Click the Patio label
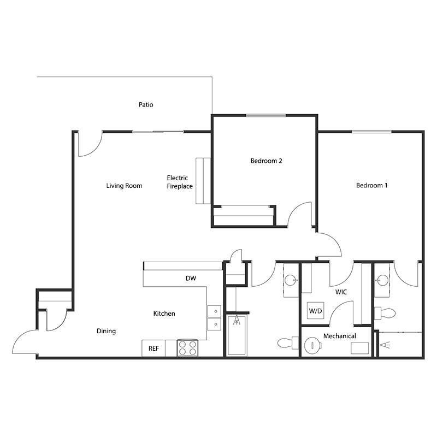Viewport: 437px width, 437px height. [145, 104]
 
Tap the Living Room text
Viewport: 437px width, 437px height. [124, 186]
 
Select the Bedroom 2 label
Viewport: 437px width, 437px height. [266, 161]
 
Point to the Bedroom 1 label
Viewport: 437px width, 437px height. [371, 185]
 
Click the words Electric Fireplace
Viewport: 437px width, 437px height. [180, 182]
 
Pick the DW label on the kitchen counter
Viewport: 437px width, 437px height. [191, 278]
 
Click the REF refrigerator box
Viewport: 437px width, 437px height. [153, 348]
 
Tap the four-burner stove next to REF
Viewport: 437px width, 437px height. [188, 348]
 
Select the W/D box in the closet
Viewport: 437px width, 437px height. [316, 311]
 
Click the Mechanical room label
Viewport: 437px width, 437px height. [339, 336]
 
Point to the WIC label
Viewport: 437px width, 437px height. [341, 292]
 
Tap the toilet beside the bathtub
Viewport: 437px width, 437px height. [286, 344]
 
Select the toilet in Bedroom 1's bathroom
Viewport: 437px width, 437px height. [386, 314]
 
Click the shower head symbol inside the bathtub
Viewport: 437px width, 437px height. [237, 321]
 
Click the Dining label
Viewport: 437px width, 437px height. [106, 331]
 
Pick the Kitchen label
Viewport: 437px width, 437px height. [164, 314]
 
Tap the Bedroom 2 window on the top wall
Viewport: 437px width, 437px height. [265, 115]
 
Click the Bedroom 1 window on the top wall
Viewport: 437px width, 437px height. [371, 132]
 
